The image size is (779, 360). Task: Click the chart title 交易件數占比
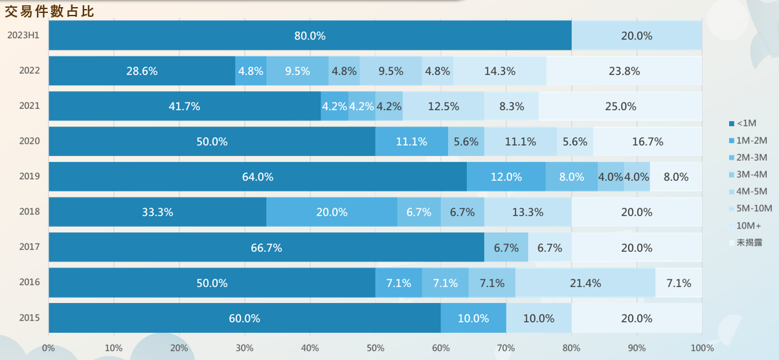tap(49, 11)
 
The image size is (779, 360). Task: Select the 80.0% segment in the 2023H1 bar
tap(310, 35)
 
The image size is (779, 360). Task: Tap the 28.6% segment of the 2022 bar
tap(142, 71)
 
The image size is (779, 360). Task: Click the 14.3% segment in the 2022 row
tap(500, 71)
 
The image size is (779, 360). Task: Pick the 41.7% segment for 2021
tap(185, 106)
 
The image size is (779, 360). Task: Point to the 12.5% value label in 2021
tap(444, 106)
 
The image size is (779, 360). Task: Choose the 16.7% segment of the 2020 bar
tap(648, 142)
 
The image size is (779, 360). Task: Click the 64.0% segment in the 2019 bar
tap(258, 177)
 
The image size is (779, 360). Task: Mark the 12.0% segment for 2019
tap(506, 177)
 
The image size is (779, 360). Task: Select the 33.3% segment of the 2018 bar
tap(157, 212)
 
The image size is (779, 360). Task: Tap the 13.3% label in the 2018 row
tap(528, 212)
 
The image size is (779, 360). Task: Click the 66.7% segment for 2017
tap(266, 247)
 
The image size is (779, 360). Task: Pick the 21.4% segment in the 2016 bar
tap(585, 283)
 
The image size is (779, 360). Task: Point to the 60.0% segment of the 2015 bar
tap(245, 318)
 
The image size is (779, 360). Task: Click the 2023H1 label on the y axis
tap(23, 35)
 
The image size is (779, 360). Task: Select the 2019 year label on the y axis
tap(30, 176)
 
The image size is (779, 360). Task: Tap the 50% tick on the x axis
tap(375, 348)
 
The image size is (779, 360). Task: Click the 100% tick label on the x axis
tap(702, 348)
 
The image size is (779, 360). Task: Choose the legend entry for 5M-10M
tap(751, 208)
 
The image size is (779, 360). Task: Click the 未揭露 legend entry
tap(745, 242)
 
